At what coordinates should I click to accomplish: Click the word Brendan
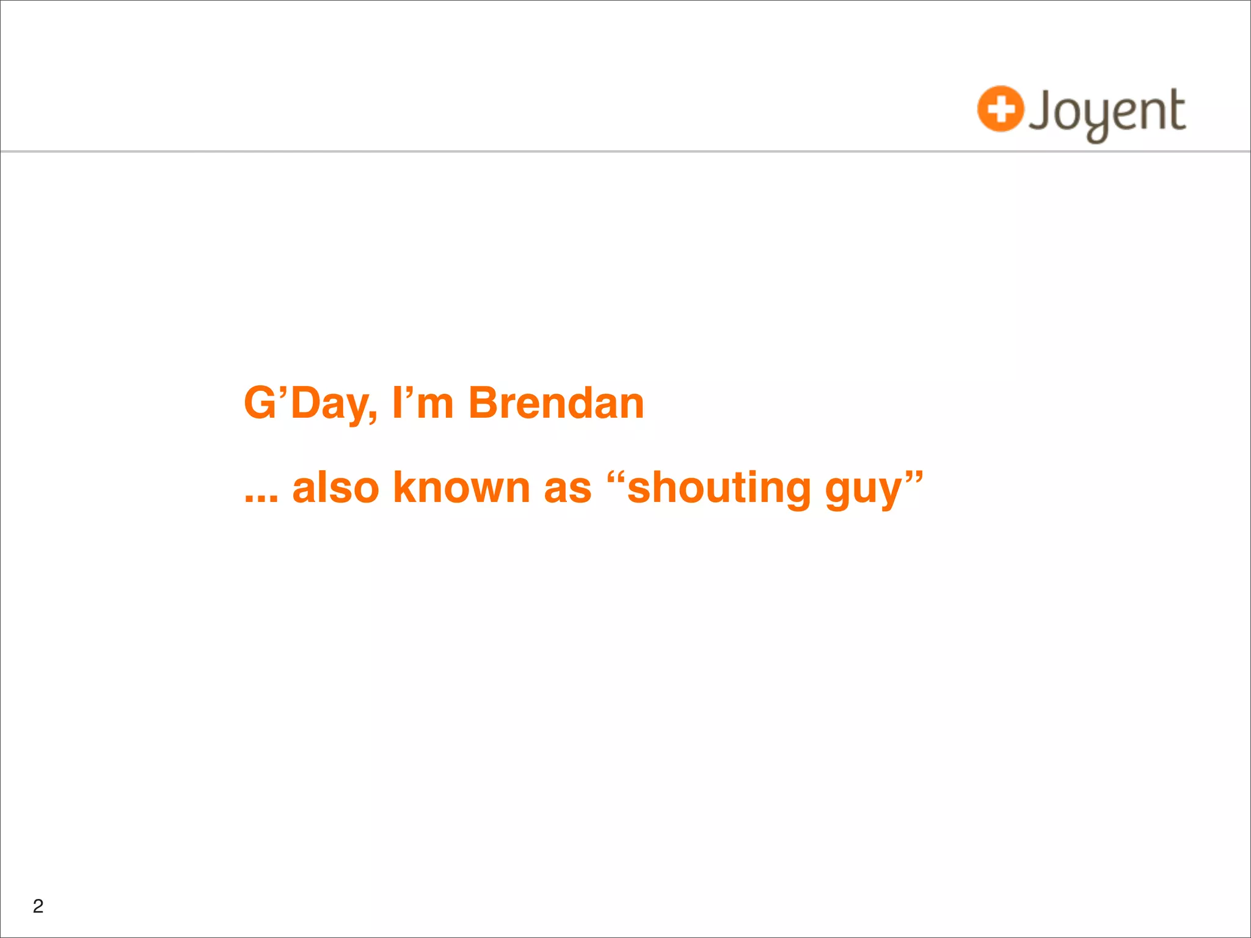[556, 404]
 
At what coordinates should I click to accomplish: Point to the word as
[567, 489]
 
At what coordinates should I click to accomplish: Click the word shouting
[718, 489]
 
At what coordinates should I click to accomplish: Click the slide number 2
[38, 906]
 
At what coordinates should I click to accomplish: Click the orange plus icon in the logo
[1000, 109]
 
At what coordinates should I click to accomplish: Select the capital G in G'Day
[260, 404]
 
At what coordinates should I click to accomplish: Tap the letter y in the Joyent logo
[1096, 119]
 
